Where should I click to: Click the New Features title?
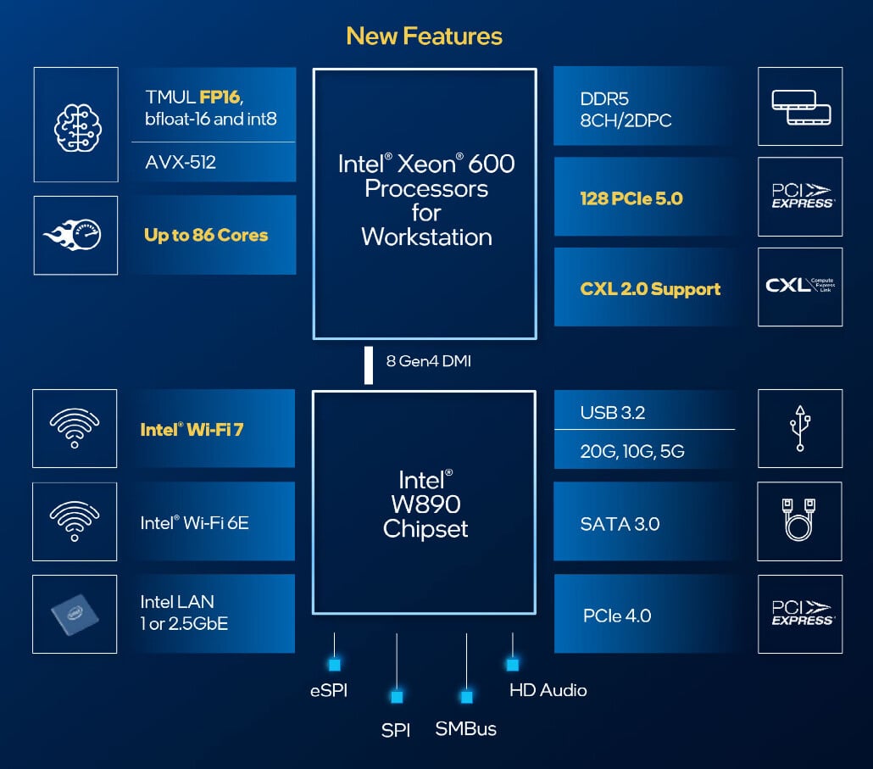pos(424,36)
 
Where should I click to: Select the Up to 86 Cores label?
pos(206,236)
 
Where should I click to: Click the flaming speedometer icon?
pos(75,235)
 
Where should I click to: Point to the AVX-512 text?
pos(181,162)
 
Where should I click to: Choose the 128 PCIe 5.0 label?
pos(631,198)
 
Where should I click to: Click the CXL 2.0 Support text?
pos(650,288)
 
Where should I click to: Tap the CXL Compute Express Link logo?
pos(800,287)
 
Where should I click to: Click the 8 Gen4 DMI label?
pos(429,361)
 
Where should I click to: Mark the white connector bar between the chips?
pos(369,365)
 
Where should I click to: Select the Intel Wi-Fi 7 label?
pos(192,429)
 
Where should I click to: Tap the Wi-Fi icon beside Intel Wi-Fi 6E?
pos(75,521)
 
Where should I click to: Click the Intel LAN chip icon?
pos(75,613)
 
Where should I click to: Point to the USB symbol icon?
pos(800,428)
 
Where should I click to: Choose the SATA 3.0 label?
pos(620,524)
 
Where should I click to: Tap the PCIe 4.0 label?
pos(617,616)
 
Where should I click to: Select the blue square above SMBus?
pos(466,697)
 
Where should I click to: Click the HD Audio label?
pos(548,690)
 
